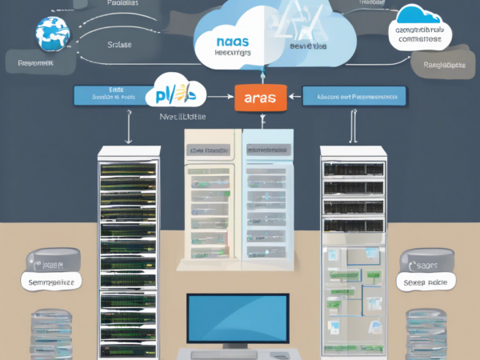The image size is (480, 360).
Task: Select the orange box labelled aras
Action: (x=257, y=98)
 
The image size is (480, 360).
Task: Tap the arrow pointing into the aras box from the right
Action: (x=293, y=97)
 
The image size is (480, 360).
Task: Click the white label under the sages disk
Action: (x=427, y=282)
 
